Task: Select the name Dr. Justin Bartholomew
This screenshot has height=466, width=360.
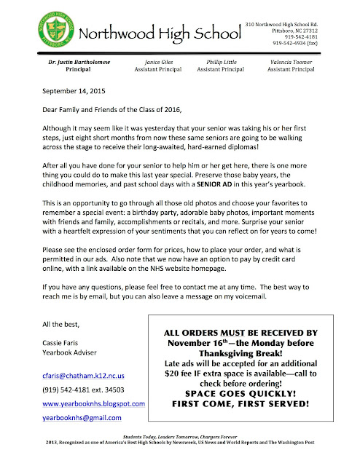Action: click(x=67, y=63)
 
